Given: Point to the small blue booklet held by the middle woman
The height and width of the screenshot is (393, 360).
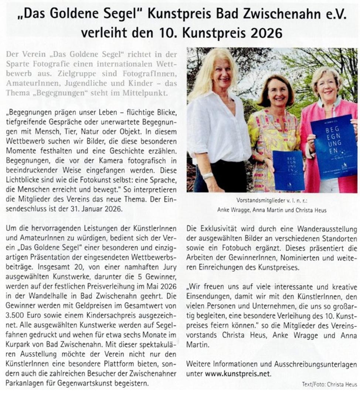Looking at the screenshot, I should tap(288, 170).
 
